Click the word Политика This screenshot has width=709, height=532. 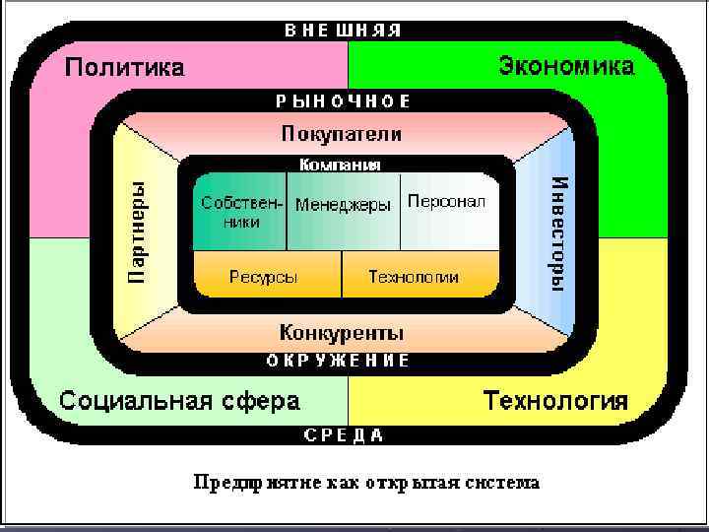pos(124,68)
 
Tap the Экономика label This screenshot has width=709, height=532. pos(566,67)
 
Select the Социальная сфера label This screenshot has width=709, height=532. pos(179,401)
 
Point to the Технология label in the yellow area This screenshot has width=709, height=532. pos(555,401)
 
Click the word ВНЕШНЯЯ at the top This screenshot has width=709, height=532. pos(343,30)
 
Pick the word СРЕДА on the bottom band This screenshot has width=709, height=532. pos(343,434)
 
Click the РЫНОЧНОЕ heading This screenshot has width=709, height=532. pos(343,100)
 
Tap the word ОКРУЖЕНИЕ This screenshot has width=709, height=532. pos(338,361)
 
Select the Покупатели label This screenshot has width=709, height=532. pos(341,133)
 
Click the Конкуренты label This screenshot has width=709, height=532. pos(341,331)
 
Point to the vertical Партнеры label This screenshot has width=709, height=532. pos(138,232)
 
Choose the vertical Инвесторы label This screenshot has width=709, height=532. pos(557,232)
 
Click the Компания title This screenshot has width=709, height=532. pos(340,165)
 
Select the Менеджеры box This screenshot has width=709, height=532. pos(343,205)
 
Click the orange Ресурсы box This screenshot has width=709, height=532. pos(264,277)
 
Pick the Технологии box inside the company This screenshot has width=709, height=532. pos(414,277)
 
